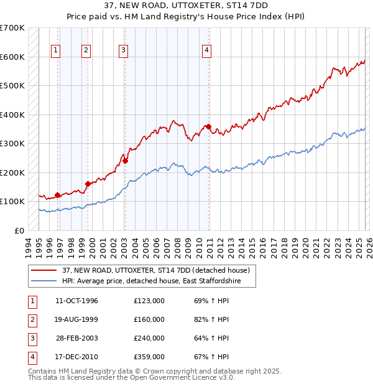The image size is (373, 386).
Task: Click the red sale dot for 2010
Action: coord(208,126)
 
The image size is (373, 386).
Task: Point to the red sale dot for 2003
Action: coord(125,161)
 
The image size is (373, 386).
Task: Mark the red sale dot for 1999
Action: coord(88,184)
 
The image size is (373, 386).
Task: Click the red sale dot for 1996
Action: coord(57,195)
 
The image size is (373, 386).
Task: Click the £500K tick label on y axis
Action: coord(12,85)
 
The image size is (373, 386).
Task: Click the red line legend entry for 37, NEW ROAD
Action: coord(155,270)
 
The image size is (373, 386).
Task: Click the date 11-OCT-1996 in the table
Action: coord(76,301)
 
